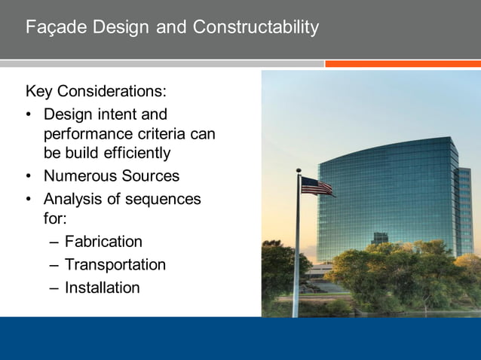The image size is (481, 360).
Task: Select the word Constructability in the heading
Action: pyautogui.click(x=256, y=28)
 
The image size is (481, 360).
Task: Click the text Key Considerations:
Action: pyautogui.click(x=96, y=92)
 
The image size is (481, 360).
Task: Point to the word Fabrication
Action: pyautogui.click(x=103, y=242)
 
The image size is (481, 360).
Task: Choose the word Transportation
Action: pyautogui.click(x=115, y=265)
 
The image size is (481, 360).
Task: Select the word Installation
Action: pyautogui.click(x=103, y=288)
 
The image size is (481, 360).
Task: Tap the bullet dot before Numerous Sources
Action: pyautogui.click(x=29, y=177)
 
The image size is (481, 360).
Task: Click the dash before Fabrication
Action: pyautogui.click(x=51, y=243)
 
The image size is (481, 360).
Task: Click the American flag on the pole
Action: pyautogui.click(x=317, y=186)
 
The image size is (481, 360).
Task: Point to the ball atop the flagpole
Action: pyautogui.click(x=299, y=171)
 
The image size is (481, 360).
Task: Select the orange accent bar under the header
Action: pyautogui.click(x=403, y=64)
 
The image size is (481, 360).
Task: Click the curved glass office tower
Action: pyautogui.click(x=388, y=200)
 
